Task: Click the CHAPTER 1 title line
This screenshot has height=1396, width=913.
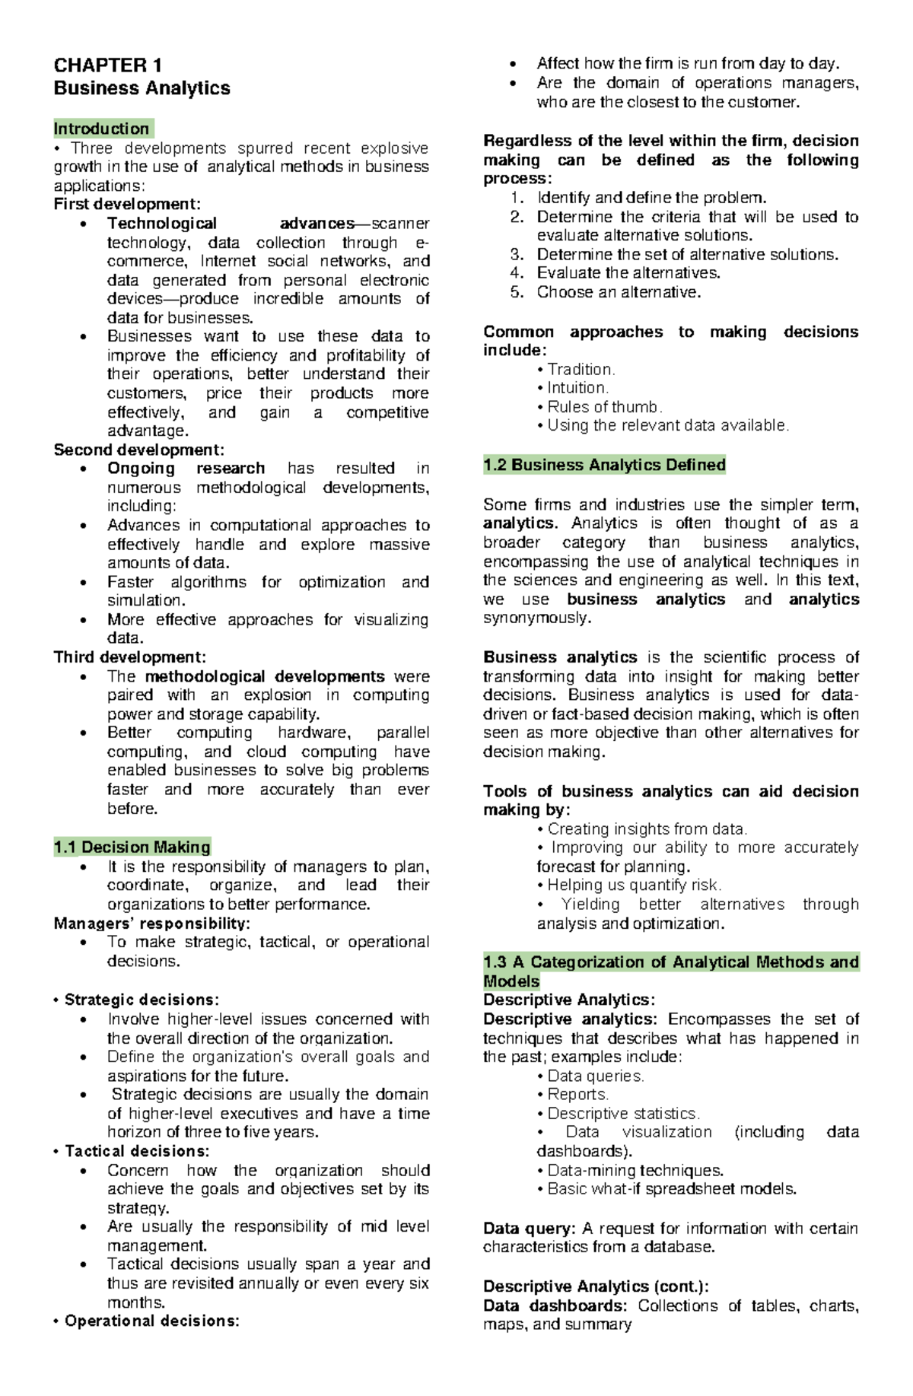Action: point(107,65)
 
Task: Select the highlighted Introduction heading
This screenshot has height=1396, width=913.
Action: point(102,129)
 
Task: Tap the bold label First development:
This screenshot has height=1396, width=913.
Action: point(127,204)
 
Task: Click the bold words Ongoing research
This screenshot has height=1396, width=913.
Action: point(186,468)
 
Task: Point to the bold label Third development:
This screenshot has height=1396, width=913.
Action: point(129,657)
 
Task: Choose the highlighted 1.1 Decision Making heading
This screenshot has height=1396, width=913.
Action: point(132,847)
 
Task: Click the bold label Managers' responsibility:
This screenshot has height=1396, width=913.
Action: point(151,924)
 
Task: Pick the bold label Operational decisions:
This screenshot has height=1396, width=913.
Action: point(152,1321)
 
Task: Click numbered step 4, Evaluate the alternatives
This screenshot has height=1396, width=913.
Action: point(628,273)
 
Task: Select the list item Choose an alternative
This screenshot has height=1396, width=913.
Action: point(619,292)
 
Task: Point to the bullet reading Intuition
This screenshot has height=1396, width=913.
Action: point(577,388)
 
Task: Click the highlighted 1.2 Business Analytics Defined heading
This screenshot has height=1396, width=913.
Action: point(605,465)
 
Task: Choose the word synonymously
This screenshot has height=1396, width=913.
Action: point(536,618)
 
